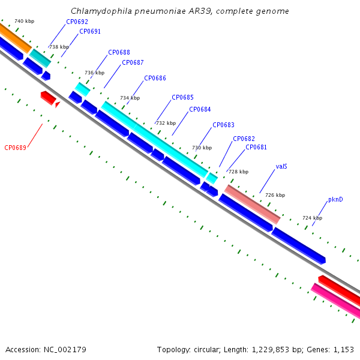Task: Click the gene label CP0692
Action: (x=77, y=22)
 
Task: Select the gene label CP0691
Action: (x=90, y=31)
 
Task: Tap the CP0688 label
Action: (x=119, y=52)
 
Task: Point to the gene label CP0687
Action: (x=133, y=62)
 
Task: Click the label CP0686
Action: (x=155, y=78)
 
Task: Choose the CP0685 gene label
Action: (x=182, y=97)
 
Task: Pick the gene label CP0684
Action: (x=200, y=109)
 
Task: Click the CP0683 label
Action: (x=223, y=125)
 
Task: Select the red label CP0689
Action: (x=16, y=148)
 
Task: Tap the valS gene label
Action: (x=281, y=166)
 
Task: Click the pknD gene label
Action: (x=335, y=199)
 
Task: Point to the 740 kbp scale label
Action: (x=25, y=21)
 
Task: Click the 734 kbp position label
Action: (x=130, y=98)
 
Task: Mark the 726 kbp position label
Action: (x=275, y=195)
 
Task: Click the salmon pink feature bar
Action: (x=253, y=205)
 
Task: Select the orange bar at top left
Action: (x=15, y=38)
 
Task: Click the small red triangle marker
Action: (x=58, y=104)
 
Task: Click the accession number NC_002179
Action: (x=65, y=350)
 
